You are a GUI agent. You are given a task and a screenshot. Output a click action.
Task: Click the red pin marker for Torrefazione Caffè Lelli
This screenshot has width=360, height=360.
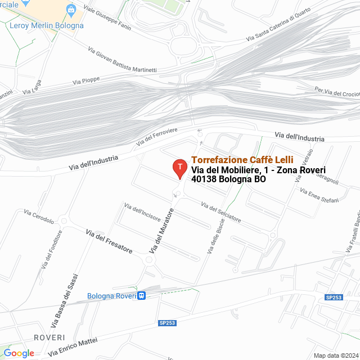click(x=179, y=168)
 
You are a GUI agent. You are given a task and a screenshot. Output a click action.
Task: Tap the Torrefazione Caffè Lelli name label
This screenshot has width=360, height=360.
click(x=242, y=160)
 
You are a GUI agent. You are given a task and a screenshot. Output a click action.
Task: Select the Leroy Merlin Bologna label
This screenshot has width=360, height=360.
click(x=47, y=25)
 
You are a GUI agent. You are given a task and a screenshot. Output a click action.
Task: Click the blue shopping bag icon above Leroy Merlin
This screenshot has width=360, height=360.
click(x=70, y=10)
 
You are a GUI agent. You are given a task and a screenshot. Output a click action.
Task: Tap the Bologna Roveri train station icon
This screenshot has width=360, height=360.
click(x=142, y=296)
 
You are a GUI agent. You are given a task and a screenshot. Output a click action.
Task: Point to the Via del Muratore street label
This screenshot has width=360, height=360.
click(x=161, y=230)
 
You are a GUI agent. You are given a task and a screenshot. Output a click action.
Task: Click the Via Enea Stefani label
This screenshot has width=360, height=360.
click(x=319, y=195)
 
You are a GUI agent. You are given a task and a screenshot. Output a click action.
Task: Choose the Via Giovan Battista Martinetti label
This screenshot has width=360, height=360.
click(x=122, y=61)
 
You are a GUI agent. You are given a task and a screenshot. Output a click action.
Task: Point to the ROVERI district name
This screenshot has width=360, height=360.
click(x=49, y=337)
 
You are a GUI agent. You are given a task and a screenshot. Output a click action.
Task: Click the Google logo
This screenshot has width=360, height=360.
click(x=19, y=353)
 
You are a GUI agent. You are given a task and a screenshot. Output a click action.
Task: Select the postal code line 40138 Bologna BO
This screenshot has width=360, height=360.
click(x=228, y=179)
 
